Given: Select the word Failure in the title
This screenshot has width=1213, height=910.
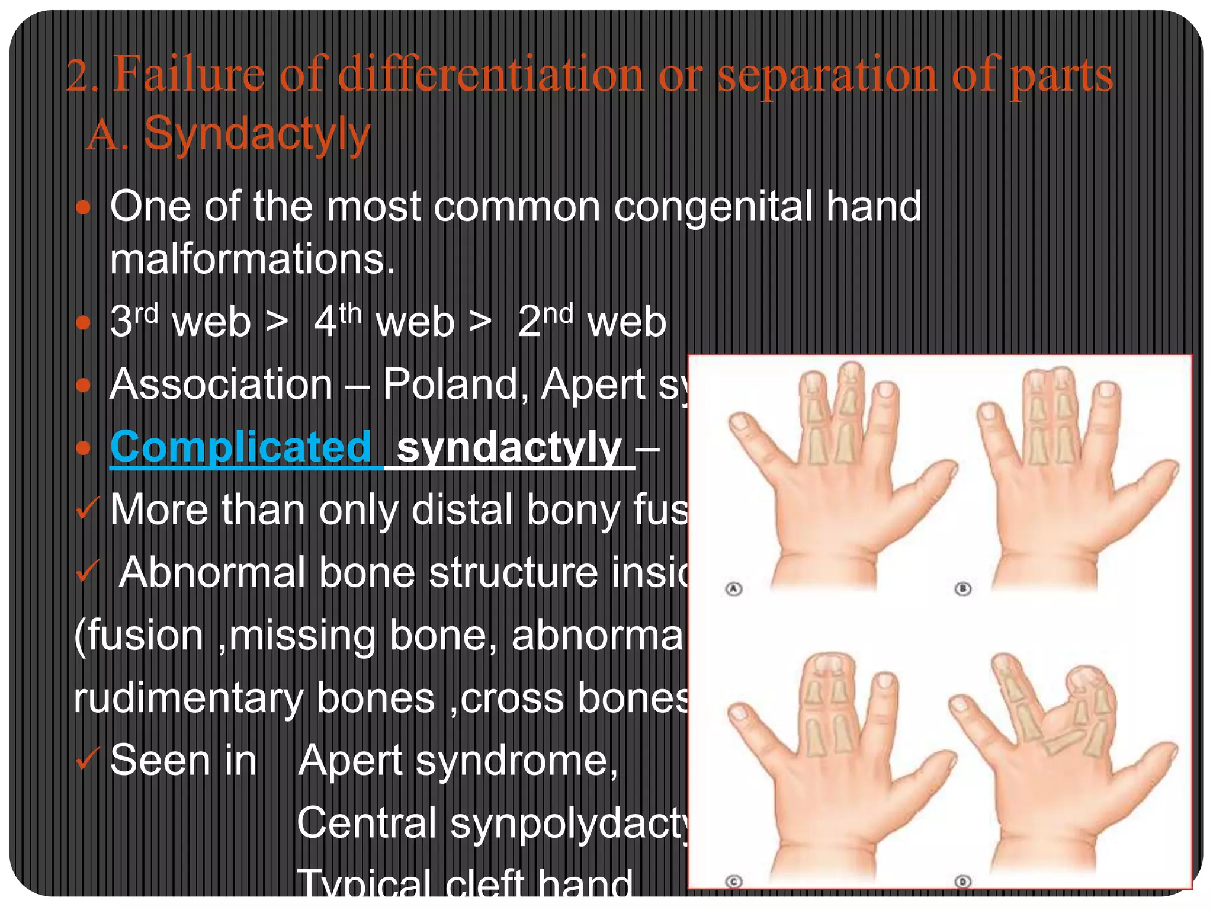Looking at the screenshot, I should point(189,75).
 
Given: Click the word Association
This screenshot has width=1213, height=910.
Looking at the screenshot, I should point(222,384).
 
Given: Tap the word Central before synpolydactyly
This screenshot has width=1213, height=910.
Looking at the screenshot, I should point(367,822).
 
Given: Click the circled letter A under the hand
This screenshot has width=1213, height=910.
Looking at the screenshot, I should point(734,589).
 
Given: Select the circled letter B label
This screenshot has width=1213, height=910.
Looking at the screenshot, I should point(963,589).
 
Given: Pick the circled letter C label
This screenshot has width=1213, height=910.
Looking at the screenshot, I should point(734,882).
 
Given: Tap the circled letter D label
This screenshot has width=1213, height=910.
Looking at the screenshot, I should point(963,882).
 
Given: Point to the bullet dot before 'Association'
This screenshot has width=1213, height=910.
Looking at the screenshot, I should point(84,386).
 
